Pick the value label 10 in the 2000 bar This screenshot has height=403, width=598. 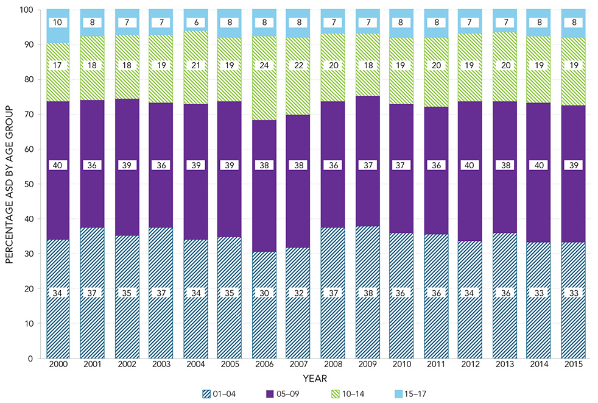58,23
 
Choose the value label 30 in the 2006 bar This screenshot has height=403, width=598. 264,293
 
